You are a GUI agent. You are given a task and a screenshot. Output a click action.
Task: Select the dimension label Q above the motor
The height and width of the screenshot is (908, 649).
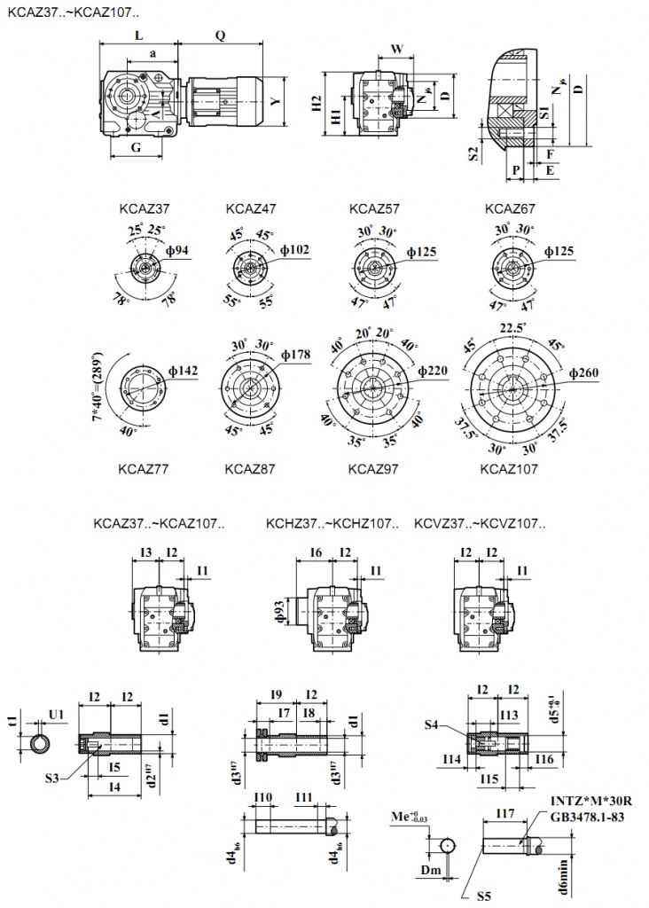point(220,35)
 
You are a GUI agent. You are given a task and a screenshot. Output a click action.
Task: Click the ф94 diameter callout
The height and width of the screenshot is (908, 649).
point(177,251)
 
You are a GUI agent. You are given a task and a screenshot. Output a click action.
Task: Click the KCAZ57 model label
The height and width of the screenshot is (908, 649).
point(374,210)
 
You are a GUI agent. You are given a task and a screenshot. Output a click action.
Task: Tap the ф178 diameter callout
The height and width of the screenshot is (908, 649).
point(295,355)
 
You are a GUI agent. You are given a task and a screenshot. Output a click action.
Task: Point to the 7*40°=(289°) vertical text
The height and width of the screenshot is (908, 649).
point(98,384)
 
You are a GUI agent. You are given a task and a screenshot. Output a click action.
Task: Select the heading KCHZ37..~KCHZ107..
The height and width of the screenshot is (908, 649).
point(332,524)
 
